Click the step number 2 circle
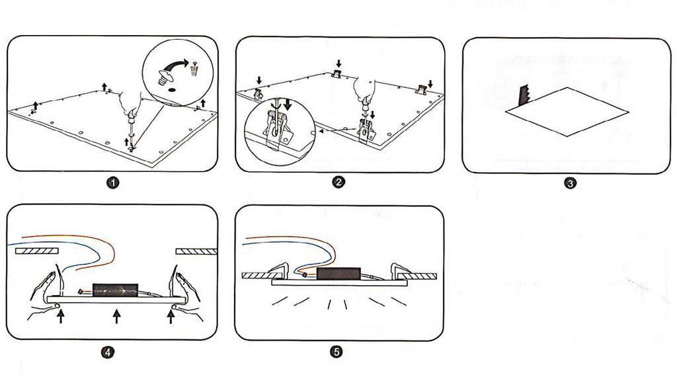point(338,183)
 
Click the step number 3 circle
point(570,183)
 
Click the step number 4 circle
point(108,352)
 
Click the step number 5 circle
point(338,352)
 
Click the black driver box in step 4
point(112,290)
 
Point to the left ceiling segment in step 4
point(37,251)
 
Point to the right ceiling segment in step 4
point(196,251)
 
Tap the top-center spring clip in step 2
point(338,74)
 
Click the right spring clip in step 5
point(401,269)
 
